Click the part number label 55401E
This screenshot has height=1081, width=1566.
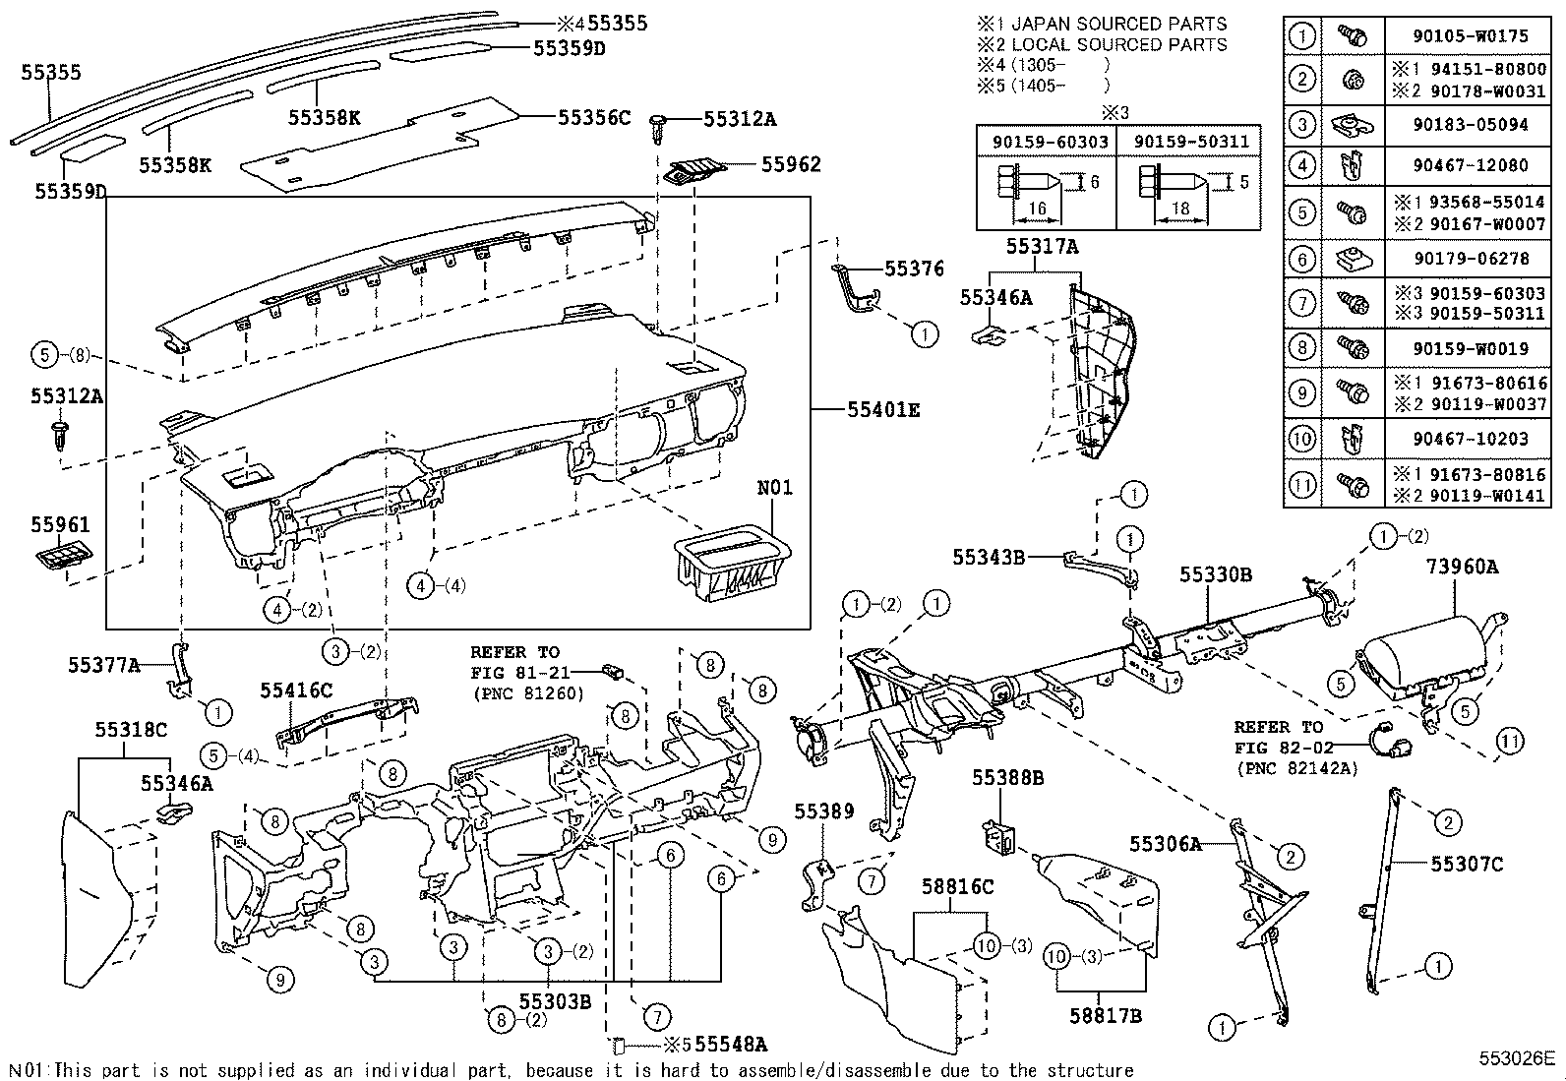883,409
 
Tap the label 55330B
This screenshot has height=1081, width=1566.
1216,574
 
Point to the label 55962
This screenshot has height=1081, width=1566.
791,164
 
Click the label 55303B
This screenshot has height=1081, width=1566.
555,1001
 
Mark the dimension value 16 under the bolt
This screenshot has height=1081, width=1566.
1037,209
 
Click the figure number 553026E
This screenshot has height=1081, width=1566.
1517,1059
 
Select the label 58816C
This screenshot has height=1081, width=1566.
957,886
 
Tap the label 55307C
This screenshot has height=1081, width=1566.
1467,864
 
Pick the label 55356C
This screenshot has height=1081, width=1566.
593,117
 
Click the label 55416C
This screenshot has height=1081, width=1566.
296,691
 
